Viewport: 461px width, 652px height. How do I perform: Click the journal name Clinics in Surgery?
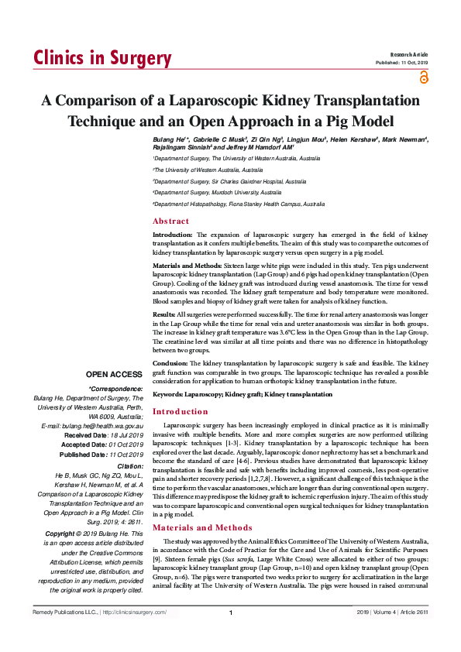(x=102, y=59)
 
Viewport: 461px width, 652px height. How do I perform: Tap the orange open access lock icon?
(x=423, y=76)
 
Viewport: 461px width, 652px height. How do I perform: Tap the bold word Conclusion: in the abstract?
(x=171, y=362)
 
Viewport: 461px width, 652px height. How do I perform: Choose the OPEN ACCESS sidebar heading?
(x=114, y=374)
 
